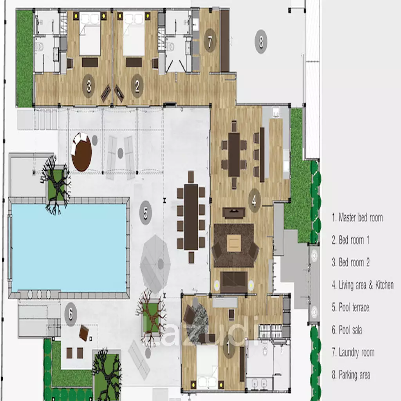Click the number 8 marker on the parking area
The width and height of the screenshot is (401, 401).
click(261, 42)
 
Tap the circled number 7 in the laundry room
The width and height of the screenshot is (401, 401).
click(210, 40)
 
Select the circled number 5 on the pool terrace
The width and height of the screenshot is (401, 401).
click(146, 213)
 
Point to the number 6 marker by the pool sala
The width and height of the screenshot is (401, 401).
click(70, 314)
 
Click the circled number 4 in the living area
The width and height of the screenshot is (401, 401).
click(255, 200)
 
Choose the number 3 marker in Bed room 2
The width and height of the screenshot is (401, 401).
click(89, 86)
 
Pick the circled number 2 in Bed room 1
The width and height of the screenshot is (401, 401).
click(137, 86)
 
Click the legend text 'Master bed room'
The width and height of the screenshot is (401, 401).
click(361, 218)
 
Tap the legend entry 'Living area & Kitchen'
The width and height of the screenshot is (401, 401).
click(366, 285)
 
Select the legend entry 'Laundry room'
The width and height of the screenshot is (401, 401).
click(356, 352)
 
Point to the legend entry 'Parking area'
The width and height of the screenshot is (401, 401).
click(354, 375)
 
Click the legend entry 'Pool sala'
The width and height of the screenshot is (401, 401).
click(350, 330)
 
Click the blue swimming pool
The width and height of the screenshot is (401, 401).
click(69, 247)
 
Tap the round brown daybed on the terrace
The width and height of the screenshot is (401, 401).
click(81, 152)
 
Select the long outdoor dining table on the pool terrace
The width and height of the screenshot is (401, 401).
click(191, 217)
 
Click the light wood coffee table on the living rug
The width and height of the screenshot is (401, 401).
click(234, 242)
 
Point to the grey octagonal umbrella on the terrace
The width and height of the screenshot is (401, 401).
click(155, 264)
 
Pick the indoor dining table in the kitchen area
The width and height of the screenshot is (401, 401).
click(234, 154)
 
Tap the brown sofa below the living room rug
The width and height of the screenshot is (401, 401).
click(234, 282)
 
